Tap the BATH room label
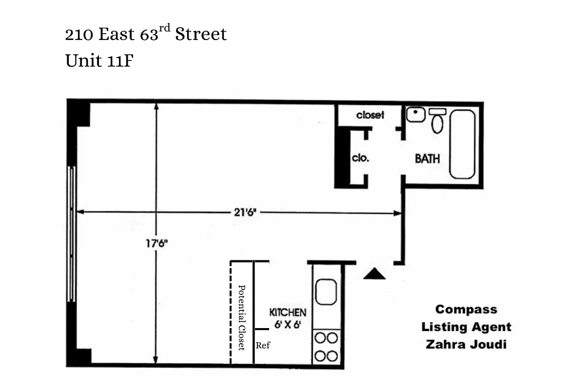427,158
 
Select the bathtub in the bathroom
462,144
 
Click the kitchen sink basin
326,292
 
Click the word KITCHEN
288,312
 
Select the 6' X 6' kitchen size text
287,324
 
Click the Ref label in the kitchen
262,346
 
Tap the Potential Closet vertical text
241,317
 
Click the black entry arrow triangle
374,274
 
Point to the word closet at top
370,115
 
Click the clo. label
360,158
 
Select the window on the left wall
71,234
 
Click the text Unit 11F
99,61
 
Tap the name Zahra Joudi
466,344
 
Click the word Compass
466,310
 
